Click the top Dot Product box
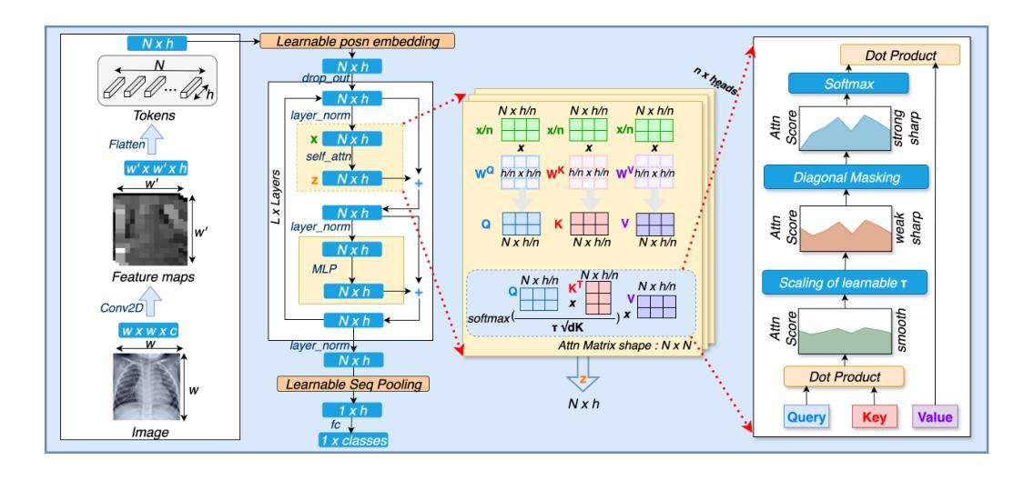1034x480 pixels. pos(900,55)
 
